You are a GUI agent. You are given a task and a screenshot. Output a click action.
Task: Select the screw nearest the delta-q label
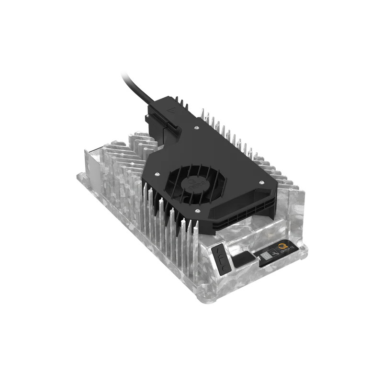tap(260, 182)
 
